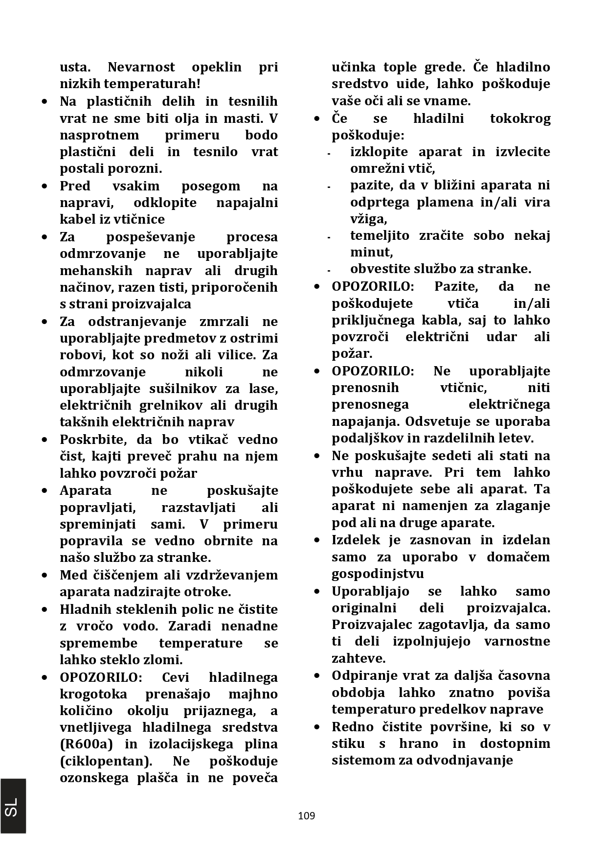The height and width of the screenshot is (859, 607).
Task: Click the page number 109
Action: point(306,815)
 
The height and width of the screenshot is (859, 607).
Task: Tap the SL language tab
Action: point(13,806)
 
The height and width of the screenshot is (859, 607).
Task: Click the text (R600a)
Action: point(86,744)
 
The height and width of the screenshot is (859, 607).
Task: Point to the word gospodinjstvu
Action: point(378,573)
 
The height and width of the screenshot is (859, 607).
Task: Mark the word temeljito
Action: point(380,235)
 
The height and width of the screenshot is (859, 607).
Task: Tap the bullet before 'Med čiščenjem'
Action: point(45,575)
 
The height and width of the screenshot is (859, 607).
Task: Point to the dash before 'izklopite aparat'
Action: point(329,154)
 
